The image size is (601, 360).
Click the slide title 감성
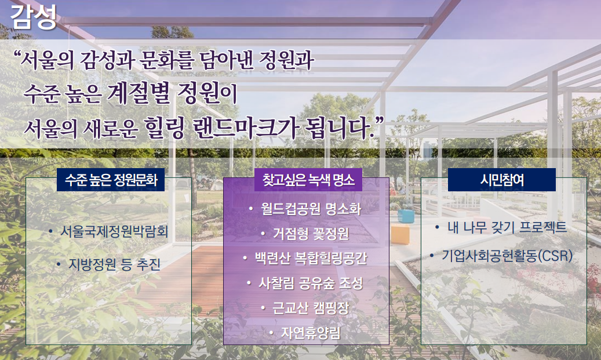pyautogui.click(x=34, y=16)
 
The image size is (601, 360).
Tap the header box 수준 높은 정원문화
pyautogui.click(x=111, y=180)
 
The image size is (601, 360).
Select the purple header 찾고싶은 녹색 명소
pyautogui.click(x=308, y=180)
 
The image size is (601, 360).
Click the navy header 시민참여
pyautogui.click(x=502, y=180)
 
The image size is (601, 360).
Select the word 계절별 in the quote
pyautogui.click(x=139, y=93)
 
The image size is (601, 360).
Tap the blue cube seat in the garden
pyautogui.click(x=406, y=216)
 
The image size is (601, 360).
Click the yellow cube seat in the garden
pyautogui.click(x=400, y=235)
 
